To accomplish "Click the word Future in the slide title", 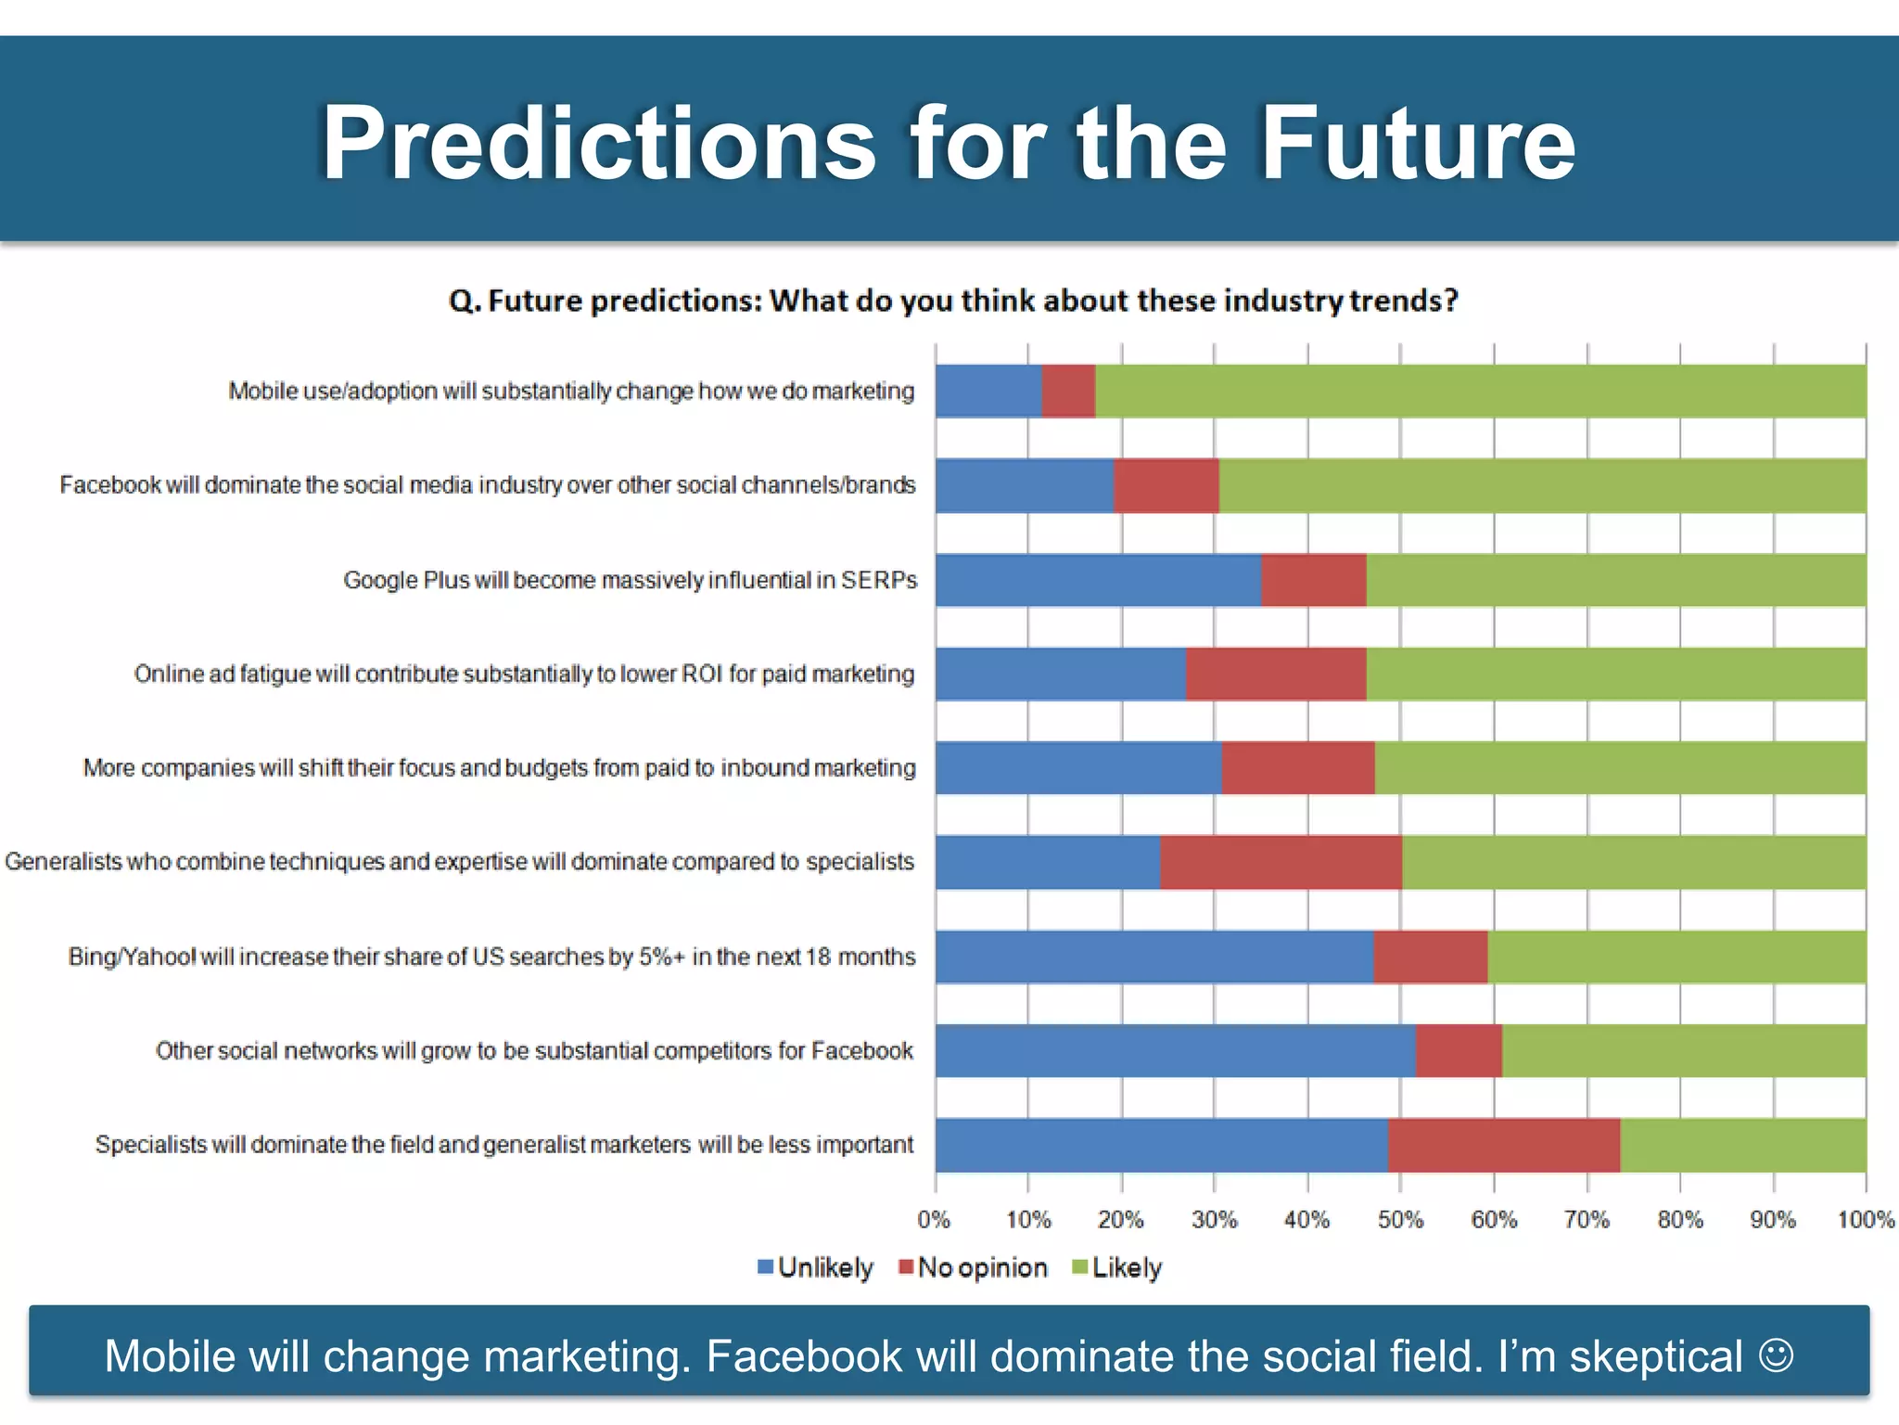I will click(x=1418, y=143).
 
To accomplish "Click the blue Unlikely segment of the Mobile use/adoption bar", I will click(x=988, y=392).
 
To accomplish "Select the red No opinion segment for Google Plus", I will click(x=1313, y=581).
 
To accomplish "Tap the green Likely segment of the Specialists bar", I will click(x=1742, y=1146).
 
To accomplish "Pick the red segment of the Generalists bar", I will click(x=1281, y=863).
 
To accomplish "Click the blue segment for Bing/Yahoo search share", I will click(x=1153, y=956).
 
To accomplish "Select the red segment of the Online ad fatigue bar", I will click(x=1275, y=674).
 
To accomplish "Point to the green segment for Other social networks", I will click(x=1683, y=1051).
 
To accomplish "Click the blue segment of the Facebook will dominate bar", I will click(x=1024, y=485).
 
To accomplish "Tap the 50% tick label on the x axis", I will click(x=1400, y=1220).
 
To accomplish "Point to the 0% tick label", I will click(x=934, y=1220).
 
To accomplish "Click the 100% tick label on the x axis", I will click(x=1866, y=1220).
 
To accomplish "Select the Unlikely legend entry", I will click(x=815, y=1268).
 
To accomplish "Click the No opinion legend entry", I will click(x=973, y=1268).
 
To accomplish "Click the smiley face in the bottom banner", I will click(x=1776, y=1354).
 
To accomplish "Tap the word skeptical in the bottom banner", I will click(x=1656, y=1357).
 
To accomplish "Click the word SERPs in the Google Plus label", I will click(x=879, y=581).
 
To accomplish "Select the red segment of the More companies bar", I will click(x=1297, y=768).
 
